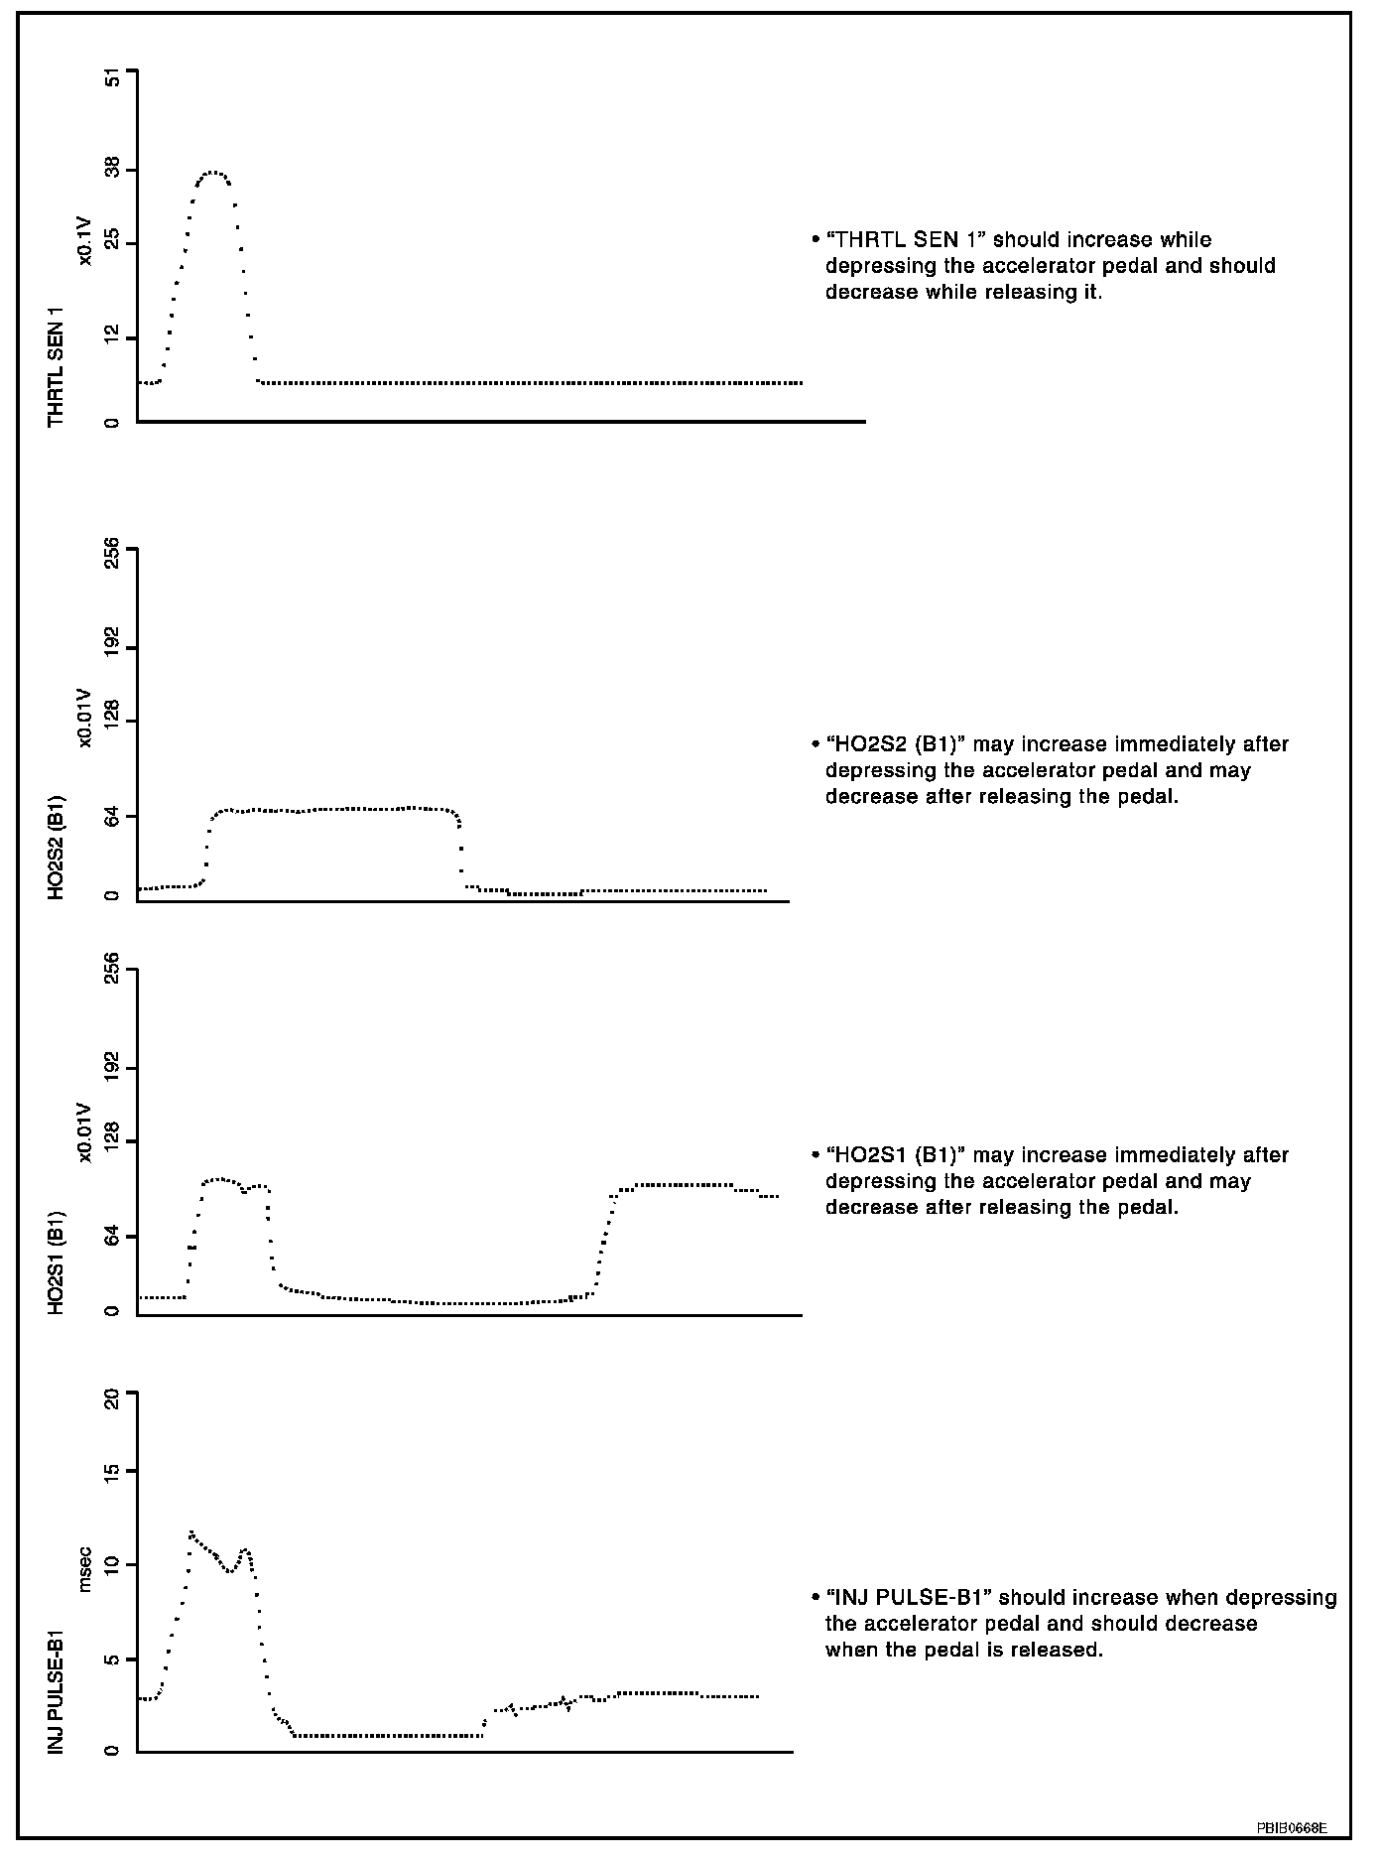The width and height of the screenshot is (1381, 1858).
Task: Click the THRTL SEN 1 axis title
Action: point(57,366)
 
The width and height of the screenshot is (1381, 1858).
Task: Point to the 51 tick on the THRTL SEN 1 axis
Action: point(111,78)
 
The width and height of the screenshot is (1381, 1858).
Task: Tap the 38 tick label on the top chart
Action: point(111,170)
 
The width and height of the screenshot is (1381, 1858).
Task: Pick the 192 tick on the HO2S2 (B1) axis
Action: point(111,648)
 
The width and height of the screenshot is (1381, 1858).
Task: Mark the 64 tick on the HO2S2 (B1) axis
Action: point(111,817)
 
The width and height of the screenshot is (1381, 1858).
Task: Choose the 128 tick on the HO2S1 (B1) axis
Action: point(111,1140)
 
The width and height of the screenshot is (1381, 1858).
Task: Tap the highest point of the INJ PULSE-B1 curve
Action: point(190,1532)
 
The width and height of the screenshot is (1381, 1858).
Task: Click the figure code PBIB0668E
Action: point(1291,1827)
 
